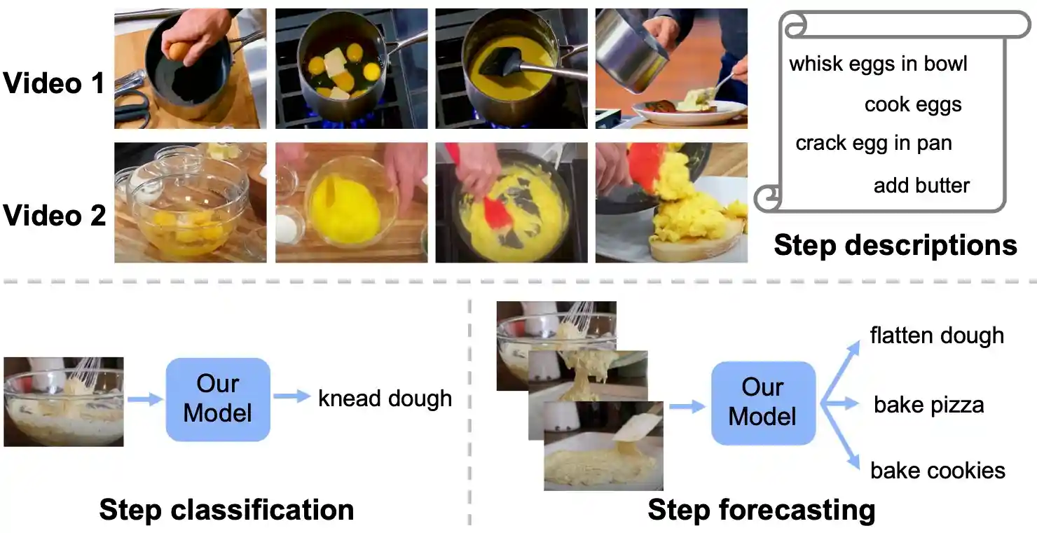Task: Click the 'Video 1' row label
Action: [x=54, y=83]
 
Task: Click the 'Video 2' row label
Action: [x=54, y=215]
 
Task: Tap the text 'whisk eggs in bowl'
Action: [x=878, y=64]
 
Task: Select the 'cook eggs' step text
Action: [x=913, y=104]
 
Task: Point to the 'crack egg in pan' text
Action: [x=874, y=144]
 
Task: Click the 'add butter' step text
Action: [x=921, y=186]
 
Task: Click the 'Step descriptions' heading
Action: [x=895, y=245]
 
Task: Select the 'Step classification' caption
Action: [x=226, y=509]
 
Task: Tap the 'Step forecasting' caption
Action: [x=761, y=509]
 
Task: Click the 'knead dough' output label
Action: [x=385, y=399]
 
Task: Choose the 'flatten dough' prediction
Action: [x=937, y=335]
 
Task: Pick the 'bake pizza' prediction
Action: [x=928, y=405]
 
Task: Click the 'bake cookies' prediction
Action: [x=938, y=470]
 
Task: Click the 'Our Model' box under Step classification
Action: [x=217, y=399]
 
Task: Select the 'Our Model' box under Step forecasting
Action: [x=762, y=403]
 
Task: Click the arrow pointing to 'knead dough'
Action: [x=291, y=397]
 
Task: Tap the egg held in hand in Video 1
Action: [x=179, y=50]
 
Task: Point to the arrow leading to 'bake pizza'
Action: [x=841, y=403]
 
